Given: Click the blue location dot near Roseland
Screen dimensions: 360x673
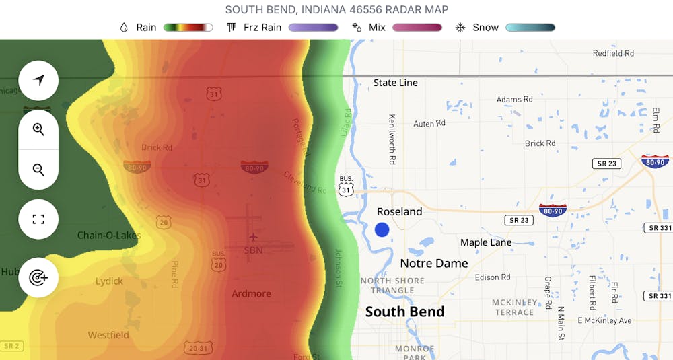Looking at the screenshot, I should coord(382,229).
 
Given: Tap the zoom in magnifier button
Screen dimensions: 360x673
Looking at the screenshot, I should coord(38,130).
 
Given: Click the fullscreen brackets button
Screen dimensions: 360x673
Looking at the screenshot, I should coord(38,219).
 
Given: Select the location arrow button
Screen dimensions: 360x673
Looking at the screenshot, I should coord(38,81).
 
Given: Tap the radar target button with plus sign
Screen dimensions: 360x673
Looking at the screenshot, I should coord(38,277).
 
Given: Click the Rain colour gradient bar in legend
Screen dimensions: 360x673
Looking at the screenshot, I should coord(188,28).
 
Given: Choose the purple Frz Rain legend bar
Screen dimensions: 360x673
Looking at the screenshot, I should coord(313,28).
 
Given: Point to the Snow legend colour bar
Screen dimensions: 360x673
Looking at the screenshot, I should coord(530,28).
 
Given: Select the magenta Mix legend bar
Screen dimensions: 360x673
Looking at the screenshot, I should coord(417,28).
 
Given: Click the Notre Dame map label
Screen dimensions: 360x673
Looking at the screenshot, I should coord(434,263).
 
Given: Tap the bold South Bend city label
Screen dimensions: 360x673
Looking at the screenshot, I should coord(404,312).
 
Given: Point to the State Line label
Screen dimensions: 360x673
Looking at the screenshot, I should coord(396,83).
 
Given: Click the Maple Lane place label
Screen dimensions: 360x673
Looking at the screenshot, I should coord(486,242).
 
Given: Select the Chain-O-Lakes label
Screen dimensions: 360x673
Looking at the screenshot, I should coord(108,236).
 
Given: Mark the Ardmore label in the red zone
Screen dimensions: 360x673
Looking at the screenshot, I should coord(251,293).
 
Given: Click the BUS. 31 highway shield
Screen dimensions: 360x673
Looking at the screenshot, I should coord(346,186).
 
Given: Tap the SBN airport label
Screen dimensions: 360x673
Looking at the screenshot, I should coord(253,250).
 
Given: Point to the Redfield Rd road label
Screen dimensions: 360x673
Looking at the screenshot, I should coord(613,53).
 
